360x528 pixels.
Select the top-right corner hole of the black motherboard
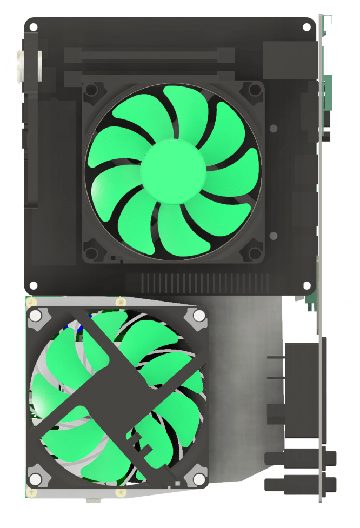pos(306,26)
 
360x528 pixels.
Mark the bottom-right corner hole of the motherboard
pos(306,285)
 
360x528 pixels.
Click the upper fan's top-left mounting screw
pos(92,89)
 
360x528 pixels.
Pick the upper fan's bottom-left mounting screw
pos(92,252)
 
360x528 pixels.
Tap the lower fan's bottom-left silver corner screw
pos(36,479)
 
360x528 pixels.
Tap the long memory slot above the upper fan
pos(149,55)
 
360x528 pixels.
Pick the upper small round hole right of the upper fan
pos(274,129)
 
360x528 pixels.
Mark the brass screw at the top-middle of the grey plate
pos(118,300)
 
